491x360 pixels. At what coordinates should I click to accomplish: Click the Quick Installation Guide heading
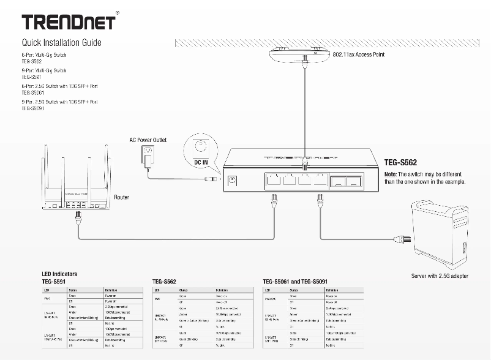click(61, 43)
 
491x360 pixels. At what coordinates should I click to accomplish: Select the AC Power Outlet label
click(148, 140)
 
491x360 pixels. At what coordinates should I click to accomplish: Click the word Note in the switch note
click(391, 174)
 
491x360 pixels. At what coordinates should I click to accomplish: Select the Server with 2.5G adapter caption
click(440, 276)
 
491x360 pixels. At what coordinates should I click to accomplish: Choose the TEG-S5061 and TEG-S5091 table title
click(300, 281)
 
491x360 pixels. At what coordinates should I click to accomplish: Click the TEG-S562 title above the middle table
click(165, 281)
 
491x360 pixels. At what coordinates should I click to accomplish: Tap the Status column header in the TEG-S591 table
click(73, 289)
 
